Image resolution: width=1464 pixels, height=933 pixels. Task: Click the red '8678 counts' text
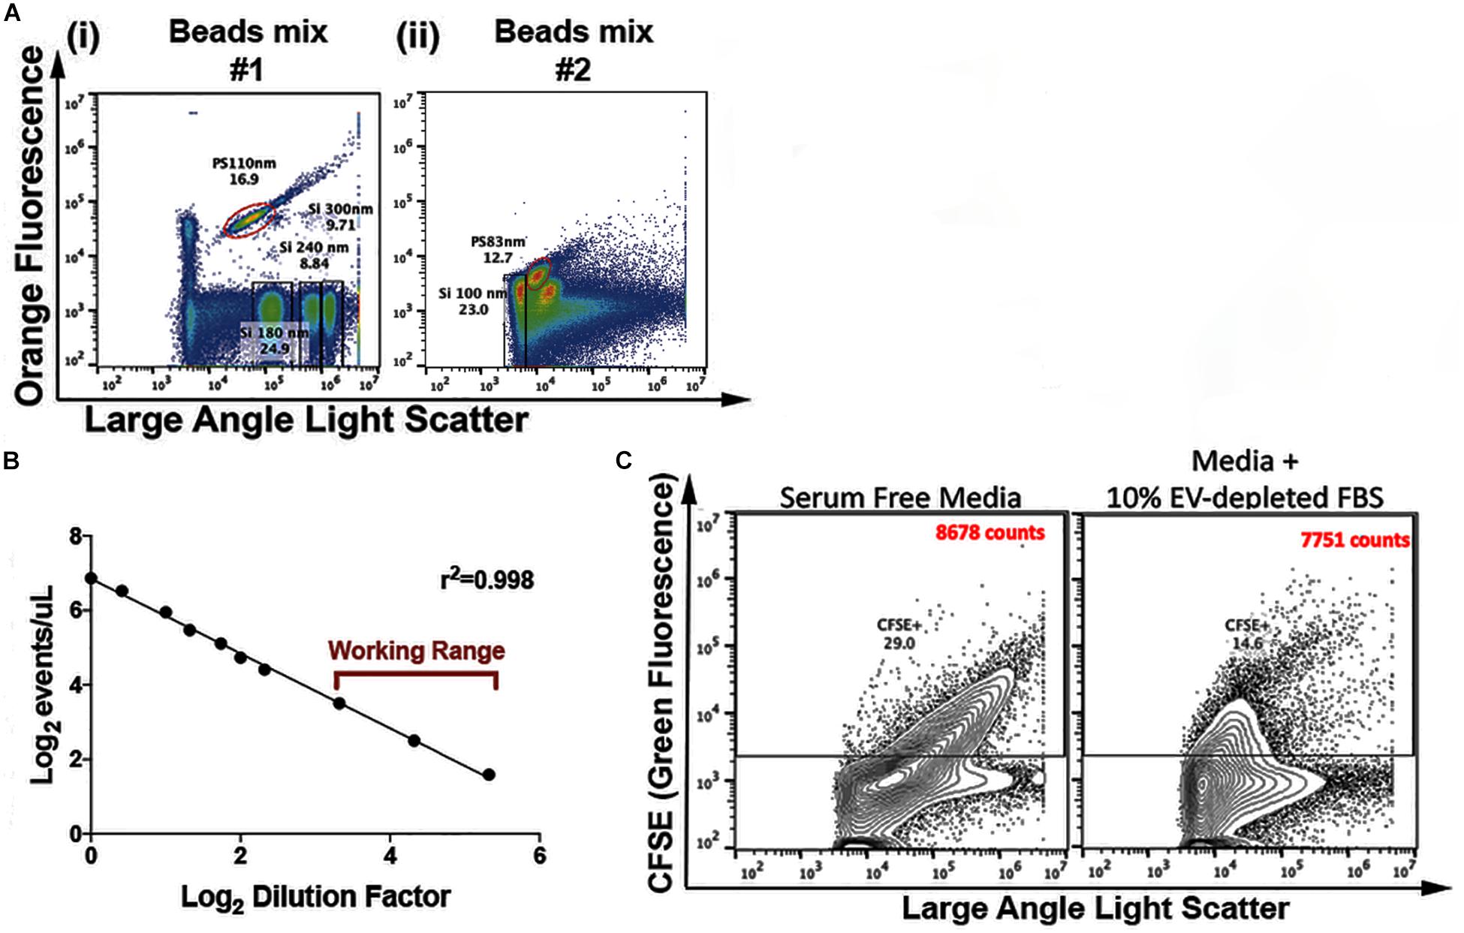tap(990, 533)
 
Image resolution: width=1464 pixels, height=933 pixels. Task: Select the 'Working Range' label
tap(417, 650)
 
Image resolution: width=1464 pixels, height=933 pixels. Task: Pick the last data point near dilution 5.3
tap(489, 775)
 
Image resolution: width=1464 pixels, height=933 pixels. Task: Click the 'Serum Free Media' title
tap(900, 497)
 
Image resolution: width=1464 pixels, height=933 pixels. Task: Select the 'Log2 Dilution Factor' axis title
tap(315, 897)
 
